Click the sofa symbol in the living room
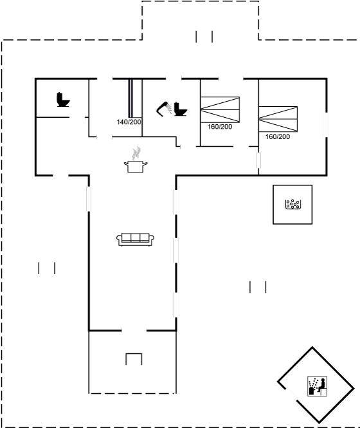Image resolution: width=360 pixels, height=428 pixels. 135,239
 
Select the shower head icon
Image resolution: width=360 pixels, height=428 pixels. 163,109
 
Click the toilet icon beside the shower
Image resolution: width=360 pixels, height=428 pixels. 180,109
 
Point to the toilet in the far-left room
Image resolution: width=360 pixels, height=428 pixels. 63,100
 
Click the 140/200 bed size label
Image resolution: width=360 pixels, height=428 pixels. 129,122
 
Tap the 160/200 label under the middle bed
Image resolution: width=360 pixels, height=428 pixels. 220,127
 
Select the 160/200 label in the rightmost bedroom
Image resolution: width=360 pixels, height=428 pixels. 278,136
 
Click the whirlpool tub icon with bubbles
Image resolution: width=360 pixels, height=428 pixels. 292,204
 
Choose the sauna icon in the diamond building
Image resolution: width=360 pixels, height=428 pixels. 317,386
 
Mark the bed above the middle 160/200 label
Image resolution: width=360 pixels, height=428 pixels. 220,109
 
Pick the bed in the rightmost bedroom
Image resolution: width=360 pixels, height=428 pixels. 278,119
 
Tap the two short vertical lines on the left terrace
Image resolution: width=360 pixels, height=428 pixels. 47,268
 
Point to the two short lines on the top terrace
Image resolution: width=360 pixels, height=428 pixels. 204,37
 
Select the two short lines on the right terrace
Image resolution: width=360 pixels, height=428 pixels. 258,287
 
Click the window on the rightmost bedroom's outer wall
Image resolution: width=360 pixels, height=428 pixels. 325,125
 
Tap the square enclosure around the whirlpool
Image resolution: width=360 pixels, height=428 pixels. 273,205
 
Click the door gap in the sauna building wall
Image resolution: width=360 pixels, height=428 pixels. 291,395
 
